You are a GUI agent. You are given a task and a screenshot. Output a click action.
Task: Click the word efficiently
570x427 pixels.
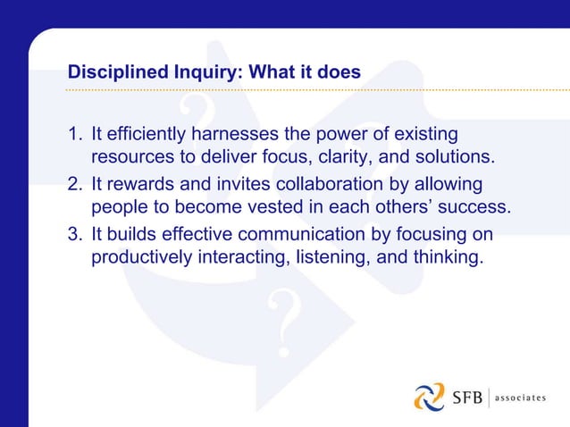pyautogui.click(x=145, y=136)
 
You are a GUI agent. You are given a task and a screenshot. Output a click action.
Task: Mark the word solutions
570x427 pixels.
pyautogui.click(x=456, y=158)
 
